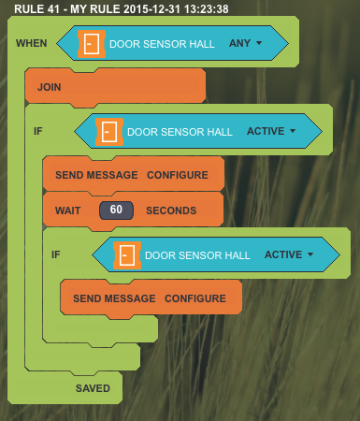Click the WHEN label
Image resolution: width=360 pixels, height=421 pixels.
[32, 43]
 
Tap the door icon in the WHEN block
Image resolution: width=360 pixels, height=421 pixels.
[92, 44]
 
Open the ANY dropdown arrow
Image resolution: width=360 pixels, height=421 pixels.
[259, 43]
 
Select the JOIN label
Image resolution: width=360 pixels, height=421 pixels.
[50, 87]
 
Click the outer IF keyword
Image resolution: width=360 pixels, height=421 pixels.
[38, 131]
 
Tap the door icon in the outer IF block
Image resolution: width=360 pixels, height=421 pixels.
[109, 132]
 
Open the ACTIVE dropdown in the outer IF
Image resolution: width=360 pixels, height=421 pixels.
[293, 131]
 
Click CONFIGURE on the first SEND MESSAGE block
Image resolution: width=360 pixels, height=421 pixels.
[178, 175]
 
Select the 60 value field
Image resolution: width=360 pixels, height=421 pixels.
[116, 210]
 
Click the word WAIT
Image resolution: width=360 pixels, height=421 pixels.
[68, 210]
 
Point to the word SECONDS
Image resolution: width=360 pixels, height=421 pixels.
[171, 210]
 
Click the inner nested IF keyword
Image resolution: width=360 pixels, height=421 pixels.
[56, 254]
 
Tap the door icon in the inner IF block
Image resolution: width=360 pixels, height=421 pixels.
[127, 255]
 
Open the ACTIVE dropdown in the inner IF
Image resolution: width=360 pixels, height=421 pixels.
[310, 254]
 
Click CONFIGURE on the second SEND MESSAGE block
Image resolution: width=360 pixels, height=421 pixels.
[195, 298]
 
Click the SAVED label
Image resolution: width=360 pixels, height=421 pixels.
[93, 388]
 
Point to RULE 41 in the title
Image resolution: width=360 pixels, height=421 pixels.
[36, 9]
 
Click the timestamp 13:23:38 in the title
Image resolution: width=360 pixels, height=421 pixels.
[206, 9]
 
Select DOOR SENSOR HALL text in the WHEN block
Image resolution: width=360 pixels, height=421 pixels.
[162, 44]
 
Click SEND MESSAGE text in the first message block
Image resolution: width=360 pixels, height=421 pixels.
[96, 175]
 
